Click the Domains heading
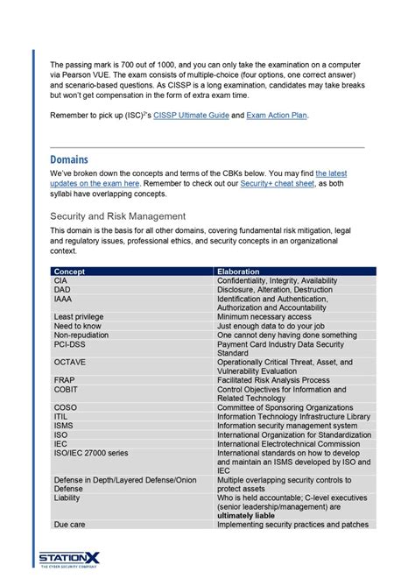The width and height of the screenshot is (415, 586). [74, 159]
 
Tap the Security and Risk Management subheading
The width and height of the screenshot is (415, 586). [117, 215]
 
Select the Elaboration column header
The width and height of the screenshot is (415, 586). [238, 272]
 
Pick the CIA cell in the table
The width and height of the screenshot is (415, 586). [62, 280]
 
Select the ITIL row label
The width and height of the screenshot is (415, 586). [61, 416]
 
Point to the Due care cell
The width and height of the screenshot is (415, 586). [68, 524]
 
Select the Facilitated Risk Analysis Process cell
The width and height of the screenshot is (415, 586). [273, 380]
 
